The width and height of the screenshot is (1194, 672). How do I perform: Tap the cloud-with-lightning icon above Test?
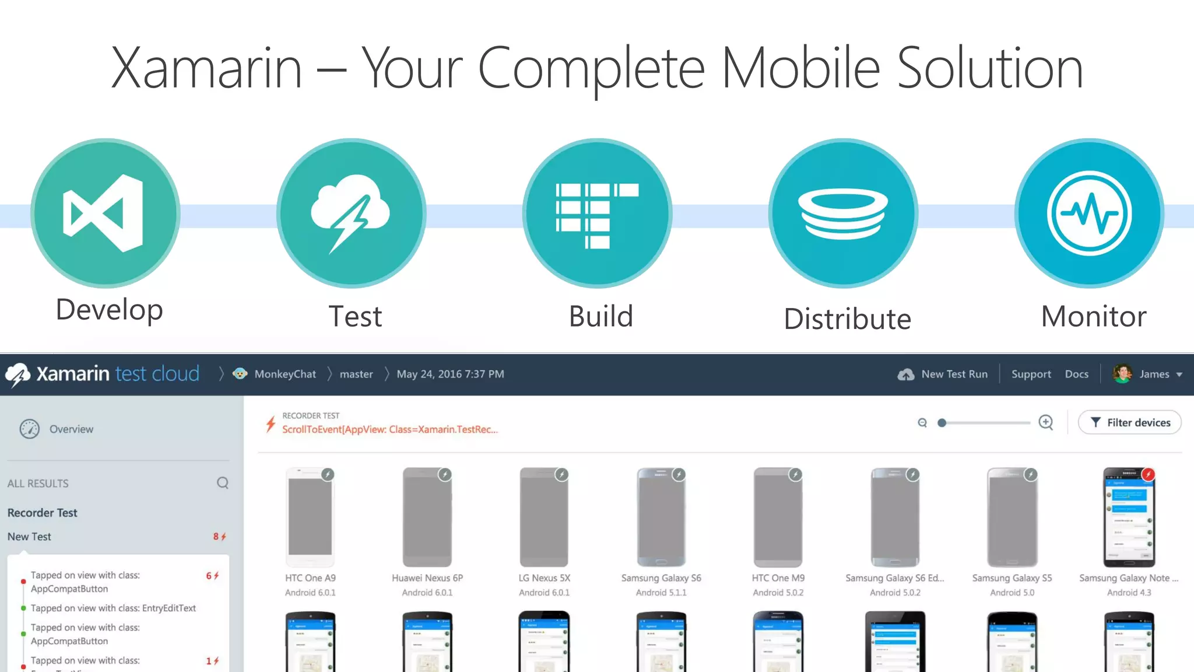tap(350, 213)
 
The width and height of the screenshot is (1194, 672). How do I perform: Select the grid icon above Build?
tap(597, 215)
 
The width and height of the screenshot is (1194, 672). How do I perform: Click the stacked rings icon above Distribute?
tap(843, 215)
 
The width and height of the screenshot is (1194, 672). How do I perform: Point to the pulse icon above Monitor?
tap(1089, 213)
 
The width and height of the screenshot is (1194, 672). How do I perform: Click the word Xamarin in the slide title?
tap(206, 69)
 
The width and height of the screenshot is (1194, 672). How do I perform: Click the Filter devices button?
tap(1129, 422)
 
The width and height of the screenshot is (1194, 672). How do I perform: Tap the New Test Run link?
tap(954, 374)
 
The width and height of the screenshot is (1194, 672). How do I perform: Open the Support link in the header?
tap(1031, 374)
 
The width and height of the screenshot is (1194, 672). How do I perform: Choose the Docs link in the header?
tap(1076, 374)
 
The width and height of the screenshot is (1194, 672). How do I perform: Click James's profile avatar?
tap(1122, 374)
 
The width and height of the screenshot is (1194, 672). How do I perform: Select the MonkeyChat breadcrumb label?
tap(285, 374)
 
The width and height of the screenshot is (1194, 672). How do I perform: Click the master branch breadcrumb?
tap(356, 374)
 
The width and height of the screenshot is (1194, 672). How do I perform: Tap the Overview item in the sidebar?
tap(71, 429)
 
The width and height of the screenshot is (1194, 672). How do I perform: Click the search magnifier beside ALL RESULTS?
tap(223, 483)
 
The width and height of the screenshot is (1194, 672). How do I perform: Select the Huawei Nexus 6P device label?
tap(427, 578)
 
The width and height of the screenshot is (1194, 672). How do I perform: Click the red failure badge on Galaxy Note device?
tap(1148, 474)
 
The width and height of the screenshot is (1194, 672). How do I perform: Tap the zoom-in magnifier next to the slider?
tap(1046, 422)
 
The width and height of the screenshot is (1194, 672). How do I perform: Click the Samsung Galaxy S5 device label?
tap(1012, 578)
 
